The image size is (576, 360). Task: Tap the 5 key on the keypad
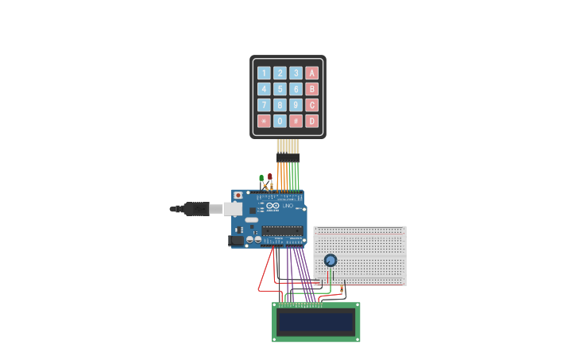point(280,89)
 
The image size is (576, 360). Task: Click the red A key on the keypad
point(311,73)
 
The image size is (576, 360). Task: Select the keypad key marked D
point(311,121)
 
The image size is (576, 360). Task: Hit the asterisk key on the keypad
point(264,121)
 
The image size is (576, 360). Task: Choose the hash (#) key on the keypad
point(296,121)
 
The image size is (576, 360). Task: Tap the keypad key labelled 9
point(296,105)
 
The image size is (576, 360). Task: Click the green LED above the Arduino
point(261,178)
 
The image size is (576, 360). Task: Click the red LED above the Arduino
point(270,177)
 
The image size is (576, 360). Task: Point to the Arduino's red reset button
point(238,195)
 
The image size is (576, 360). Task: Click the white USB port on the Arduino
point(233,209)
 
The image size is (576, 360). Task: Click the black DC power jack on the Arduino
point(236,241)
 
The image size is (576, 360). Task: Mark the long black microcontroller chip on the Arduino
point(281,231)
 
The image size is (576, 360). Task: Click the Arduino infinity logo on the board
point(273,206)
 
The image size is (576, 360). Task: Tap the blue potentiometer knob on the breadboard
point(331,260)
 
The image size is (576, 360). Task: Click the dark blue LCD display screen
point(316,322)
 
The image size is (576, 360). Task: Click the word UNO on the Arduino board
point(288,206)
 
